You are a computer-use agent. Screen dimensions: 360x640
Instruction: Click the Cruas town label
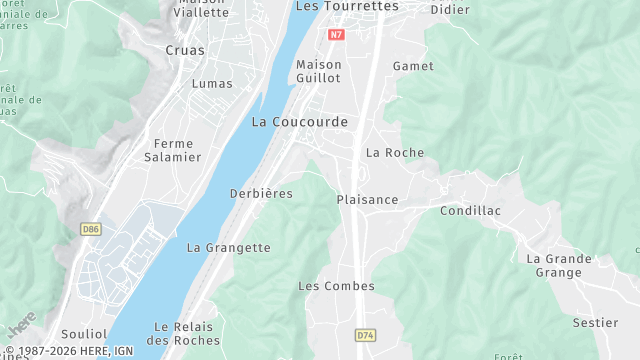[x=185, y=49]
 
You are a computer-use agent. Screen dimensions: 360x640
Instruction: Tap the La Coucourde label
[x=300, y=122]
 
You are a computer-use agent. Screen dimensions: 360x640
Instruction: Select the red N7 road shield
[x=337, y=35]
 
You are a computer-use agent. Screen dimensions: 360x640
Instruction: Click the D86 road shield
[x=91, y=229]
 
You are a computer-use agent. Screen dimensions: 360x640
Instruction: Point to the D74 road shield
[x=365, y=336]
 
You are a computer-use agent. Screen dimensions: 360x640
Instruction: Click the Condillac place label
[x=470, y=211]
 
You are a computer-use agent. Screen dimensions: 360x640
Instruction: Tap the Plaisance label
[x=367, y=200]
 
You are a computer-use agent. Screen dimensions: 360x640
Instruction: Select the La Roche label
[x=395, y=153]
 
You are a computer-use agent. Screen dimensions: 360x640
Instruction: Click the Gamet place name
[x=413, y=66]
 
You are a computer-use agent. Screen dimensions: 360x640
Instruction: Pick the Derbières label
[x=261, y=194]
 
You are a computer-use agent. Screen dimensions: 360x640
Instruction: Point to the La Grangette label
[x=229, y=248]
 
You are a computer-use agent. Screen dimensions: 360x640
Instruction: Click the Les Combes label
[x=336, y=286]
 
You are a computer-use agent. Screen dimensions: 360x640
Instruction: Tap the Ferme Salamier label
[x=172, y=150]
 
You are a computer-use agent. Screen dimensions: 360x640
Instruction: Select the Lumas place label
[x=211, y=84]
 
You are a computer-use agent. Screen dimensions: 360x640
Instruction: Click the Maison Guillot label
[x=319, y=71]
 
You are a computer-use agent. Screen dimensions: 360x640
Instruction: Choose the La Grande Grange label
[x=559, y=265]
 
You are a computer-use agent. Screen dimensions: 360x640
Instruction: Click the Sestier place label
[x=595, y=323]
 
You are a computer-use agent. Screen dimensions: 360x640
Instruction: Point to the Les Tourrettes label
[x=347, y=7]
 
